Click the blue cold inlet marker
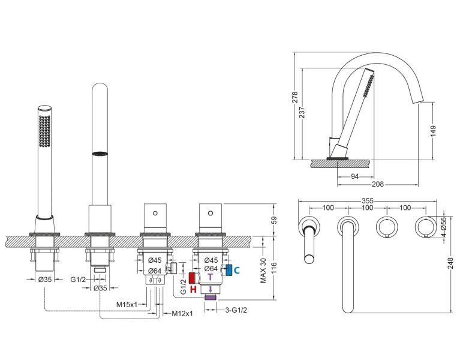coord(229,269)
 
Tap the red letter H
coord(193,289)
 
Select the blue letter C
coord(237,270)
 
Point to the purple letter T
coord(210,278)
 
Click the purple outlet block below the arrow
coord(210,296)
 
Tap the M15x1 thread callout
coord(127,304)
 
